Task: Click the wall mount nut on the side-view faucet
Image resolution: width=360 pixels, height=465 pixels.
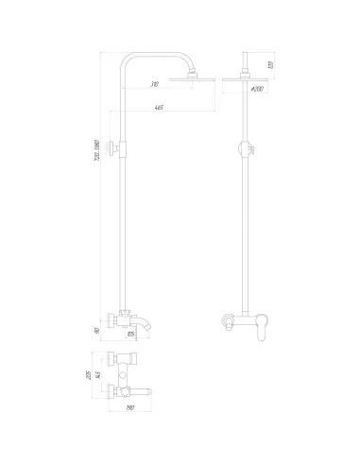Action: [112, 319]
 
